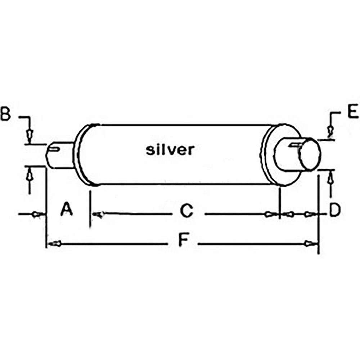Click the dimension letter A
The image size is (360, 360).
click(x=67, y=209)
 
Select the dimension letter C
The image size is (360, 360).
click(x=186, y=211)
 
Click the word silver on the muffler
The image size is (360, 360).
click(x=170, y=149)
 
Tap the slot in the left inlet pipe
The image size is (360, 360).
click(x=55, y=147)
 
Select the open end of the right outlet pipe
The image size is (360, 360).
click(x=309, y=156)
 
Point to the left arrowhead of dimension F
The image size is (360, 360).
click(x=54, y=244)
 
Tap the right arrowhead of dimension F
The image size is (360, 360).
click(x=308, y=244)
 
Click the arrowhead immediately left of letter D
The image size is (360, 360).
click(x=309, y=214)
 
